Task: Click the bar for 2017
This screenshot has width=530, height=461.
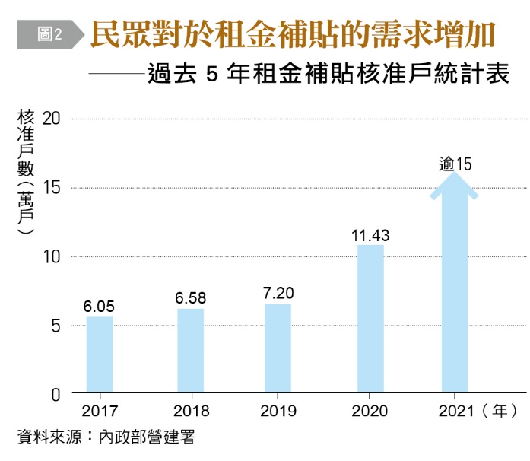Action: click(100, 354)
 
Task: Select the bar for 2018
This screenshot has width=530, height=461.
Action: click(190, 351)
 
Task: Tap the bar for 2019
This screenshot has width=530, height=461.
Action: click(278, 348)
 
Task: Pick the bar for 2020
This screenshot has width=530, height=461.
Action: click(370, 319)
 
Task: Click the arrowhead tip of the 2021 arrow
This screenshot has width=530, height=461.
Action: click(455, 174)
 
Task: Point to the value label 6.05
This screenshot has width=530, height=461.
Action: click(99, 307)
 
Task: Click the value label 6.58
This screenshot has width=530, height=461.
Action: click(190, 298)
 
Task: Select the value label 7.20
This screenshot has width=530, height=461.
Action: click(278, 293)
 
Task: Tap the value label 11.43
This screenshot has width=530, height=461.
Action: click(370, 234)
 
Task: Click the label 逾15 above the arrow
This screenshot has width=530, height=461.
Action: click(455, 164)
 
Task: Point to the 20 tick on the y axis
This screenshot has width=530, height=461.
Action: click(52, 119)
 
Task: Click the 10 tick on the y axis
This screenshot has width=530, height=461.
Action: click(52, 257)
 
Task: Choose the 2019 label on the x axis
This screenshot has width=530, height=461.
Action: click(278, 412)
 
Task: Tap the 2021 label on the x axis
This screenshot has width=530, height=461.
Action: click(455, 412)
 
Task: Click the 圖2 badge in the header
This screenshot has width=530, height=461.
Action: click(49, 34)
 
